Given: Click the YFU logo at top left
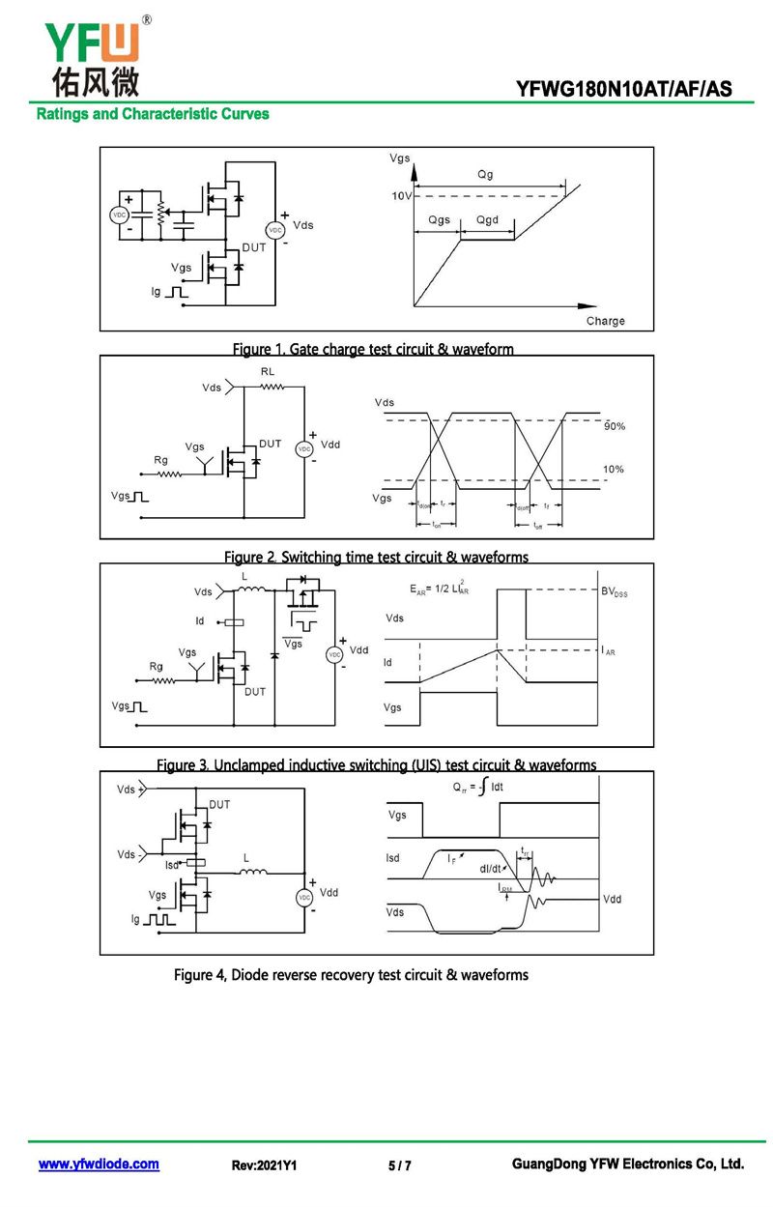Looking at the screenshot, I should point(93,56).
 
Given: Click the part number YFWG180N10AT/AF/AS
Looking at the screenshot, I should point(623,90).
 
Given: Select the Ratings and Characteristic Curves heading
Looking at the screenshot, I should point(153,114).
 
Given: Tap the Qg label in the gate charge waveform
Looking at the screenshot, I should point(485,175).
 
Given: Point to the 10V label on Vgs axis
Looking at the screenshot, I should point(401,196).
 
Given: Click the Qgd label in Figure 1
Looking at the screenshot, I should point(487,220).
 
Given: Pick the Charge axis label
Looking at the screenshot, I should point(605,321).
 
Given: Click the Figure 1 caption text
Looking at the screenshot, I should point(373,349).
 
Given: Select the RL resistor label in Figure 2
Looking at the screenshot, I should point(268,371).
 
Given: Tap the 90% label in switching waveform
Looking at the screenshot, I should point(615,426).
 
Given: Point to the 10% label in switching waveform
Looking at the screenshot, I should point(614,469).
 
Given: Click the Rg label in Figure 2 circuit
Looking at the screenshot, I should point(161,460).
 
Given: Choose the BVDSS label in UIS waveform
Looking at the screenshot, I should point(614,591).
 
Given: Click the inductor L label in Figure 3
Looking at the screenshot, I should point(244,577).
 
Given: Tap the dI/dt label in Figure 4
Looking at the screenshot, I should point(491,868).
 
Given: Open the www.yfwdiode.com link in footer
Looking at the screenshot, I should point(99,1164).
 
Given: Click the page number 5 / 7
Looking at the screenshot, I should point(399,1165).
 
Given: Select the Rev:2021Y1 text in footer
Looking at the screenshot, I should point(264,1165).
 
